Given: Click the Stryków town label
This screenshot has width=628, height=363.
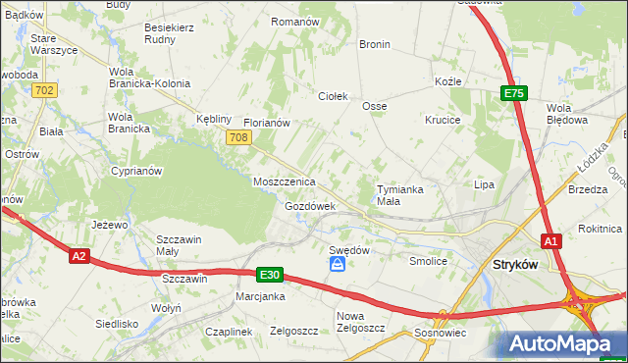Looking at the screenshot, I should [x=519, y=264].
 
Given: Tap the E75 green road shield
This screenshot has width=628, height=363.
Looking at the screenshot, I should [x=514, y=93].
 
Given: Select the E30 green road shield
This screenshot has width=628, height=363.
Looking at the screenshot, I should [x=271, y=276].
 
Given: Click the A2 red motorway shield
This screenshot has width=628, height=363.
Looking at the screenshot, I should [x=80, y=256].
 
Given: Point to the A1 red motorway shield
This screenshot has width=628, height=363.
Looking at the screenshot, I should [x=551, y=240].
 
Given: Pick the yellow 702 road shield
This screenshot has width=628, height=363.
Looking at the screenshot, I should [x=44, y=90].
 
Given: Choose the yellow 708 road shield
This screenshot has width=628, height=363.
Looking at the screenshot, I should [x=236, y=138].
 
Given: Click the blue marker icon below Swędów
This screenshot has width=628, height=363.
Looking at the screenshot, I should [x=338, y=265].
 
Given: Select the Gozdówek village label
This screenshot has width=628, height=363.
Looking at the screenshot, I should [x=310, y=207].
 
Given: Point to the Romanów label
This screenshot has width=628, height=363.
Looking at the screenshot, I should [x=295, y=21].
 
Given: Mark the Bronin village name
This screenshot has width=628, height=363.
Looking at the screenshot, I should [x=374, y=44].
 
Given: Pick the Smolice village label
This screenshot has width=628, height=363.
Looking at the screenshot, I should [x=428, y=262].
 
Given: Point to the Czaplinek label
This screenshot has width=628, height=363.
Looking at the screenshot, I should [x=228, y=332].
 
